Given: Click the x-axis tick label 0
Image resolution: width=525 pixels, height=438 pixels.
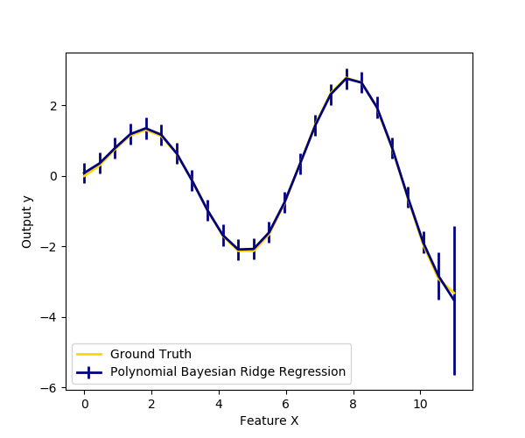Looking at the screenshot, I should (84, 404).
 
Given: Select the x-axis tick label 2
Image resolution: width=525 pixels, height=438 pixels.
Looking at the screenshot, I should (151, 404).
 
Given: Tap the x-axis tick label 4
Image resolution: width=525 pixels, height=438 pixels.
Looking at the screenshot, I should (219, 404).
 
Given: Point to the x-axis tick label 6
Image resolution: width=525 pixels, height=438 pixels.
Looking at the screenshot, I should (285, 404).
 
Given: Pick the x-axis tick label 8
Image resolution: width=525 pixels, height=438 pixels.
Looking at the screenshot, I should (353, 404).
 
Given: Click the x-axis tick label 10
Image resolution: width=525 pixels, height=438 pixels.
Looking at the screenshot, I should (420, 404).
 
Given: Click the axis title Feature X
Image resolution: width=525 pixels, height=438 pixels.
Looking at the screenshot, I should (269, 420).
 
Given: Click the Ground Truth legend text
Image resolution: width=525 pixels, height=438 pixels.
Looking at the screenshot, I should (150, 354).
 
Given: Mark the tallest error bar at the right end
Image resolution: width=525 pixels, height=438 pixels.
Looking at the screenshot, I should (454, 300).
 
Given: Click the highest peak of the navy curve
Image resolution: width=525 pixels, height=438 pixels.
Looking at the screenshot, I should (346, 79).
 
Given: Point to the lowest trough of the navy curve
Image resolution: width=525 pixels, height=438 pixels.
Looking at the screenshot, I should (238, 250).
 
